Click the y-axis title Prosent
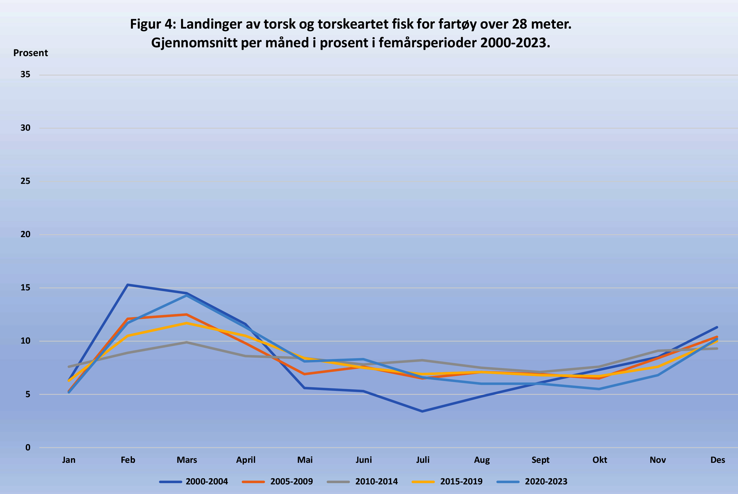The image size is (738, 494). [30, 53]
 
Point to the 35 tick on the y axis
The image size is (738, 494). [26, 74]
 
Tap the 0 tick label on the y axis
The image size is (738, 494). [28, 447]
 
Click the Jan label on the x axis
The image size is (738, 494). [69, 460]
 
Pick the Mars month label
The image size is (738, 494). [187, 460]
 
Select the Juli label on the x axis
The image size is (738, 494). [423, 460]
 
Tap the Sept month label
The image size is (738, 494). [540, 460]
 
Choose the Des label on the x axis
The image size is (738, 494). [717, 460]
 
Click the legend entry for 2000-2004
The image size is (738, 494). [206, 482]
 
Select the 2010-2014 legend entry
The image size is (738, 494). [376, 482]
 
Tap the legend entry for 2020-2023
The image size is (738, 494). [546, 482]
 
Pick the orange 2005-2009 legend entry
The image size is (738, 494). [292, 482]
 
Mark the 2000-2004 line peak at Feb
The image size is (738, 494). [128, 285]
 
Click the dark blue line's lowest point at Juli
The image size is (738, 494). [422, 411]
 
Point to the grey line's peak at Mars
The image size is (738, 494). [187, 342]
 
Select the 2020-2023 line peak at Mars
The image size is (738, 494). [187, 295]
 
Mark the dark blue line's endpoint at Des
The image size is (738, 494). [717, 327]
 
